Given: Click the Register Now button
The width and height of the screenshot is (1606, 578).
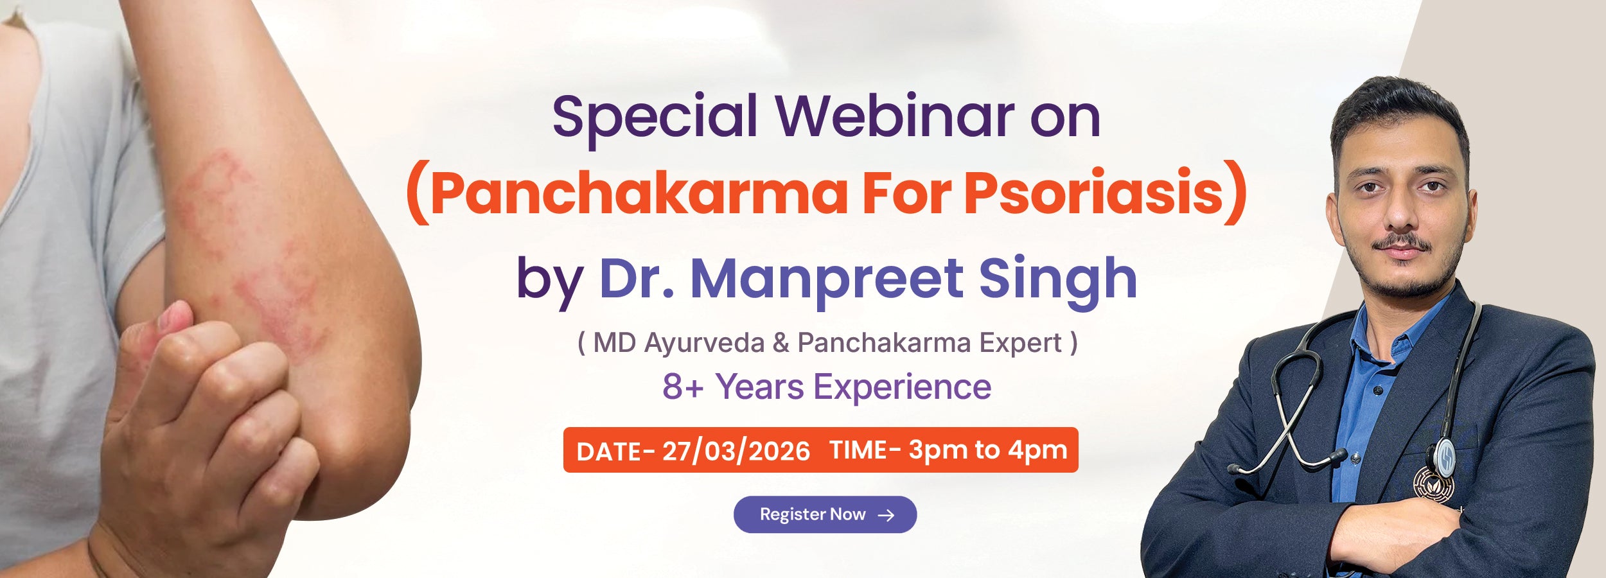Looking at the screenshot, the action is [825, 514].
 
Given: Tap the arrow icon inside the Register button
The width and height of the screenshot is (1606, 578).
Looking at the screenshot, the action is [887, 515].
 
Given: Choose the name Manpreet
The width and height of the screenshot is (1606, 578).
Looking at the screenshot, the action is [825, 280].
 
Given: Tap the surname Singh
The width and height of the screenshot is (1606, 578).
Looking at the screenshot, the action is [1057, 280].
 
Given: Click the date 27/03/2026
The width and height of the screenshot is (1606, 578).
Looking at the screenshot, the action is [736, 451].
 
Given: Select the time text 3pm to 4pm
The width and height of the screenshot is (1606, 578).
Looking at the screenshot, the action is [988, 450].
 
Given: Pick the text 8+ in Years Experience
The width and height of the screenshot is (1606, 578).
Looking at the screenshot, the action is [684, 387].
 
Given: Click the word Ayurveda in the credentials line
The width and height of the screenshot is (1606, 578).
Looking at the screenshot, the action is [704, 344].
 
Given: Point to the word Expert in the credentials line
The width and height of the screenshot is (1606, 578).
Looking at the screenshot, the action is [1020, 344].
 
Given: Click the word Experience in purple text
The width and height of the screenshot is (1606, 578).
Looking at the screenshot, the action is [903, 387].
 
